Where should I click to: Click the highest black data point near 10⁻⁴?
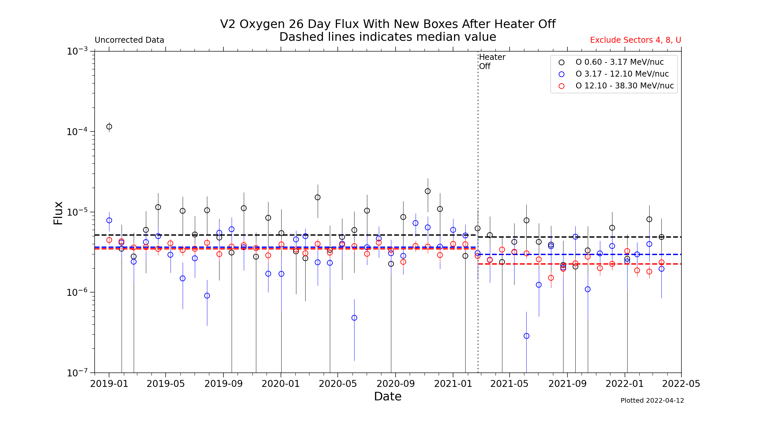pos(109,127)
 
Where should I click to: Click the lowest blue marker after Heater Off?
pos(526,336)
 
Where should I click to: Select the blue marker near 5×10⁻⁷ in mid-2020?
pos(354,318)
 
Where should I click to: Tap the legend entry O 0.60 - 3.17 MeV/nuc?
pos(619,62)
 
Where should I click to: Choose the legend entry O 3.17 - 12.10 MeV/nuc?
pos(622,74)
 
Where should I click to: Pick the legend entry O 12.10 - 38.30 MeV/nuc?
pos(624,86)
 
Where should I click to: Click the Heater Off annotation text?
pos(492,61)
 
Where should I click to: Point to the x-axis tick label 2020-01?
pos(281,384)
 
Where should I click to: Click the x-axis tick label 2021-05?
pos(509,384)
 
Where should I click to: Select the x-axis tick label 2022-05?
pos(681,384)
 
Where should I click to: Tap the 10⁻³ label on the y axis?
pos(77,51)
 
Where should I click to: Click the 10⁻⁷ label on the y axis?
pos(77,373)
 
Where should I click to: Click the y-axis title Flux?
pos(58,213)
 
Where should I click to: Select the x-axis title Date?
pos(388,396)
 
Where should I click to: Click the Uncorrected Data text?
pos(129,40)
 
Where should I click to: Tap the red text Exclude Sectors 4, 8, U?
pos(635,40)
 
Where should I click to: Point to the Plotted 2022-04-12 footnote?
pos(652,400)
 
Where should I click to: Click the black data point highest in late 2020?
pos(427,191)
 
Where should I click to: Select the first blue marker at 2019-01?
pos(109,220)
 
